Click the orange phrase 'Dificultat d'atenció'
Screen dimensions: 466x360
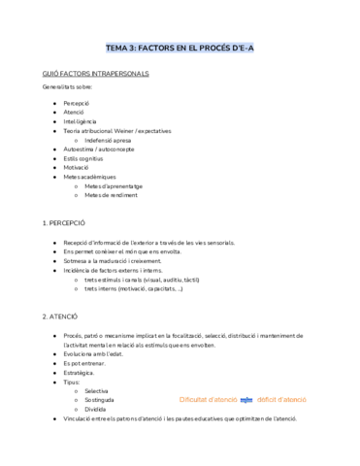(x=209, y=399)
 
